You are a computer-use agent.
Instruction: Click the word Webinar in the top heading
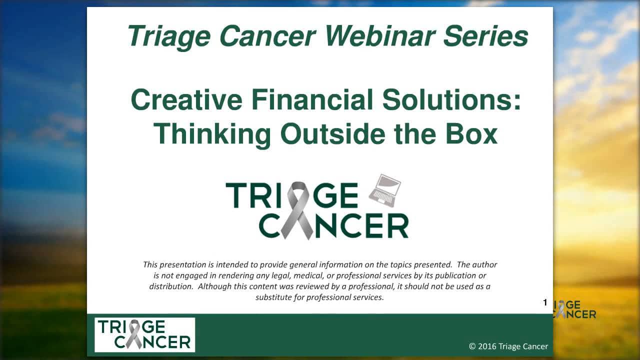pyautogui.click(x=380, y=36)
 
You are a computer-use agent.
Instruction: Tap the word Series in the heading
pyautogui.click(x=485, y=36)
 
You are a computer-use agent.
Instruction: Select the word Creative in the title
pyautogui.click(x=186, y=99)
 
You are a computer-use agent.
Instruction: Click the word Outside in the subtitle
pyautogui.click(x=332, y=133)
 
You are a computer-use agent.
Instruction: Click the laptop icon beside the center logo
pyautogui.click(x=385, y=190)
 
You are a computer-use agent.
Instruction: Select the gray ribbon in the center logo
pyautogui.click(x=297, y=210)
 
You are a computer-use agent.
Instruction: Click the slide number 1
pyautogui.click(x=545, y=302)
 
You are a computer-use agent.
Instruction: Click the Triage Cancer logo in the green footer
pyautogui.click(x=145, y=334)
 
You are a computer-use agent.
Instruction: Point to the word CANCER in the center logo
pyautogui.click(x=333, y=225)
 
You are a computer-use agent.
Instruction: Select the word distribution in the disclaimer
pyautogui.click(x=171, y=286)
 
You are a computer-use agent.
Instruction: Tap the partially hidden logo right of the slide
pyautogui.click(x=574, y=309)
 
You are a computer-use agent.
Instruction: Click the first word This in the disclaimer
pyautogui.click(x=150, y=264)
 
